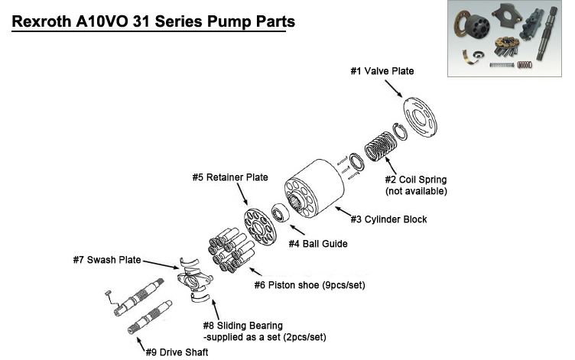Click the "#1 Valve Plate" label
(x=382, y=71)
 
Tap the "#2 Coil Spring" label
(x=417, y=180)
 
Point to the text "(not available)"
(x=416, y=190)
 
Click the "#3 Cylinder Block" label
(x=388, y=219)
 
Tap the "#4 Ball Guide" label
(x=317, y=244)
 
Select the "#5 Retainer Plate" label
(x=230, y=177)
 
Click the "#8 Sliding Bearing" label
(x=242, y=326)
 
